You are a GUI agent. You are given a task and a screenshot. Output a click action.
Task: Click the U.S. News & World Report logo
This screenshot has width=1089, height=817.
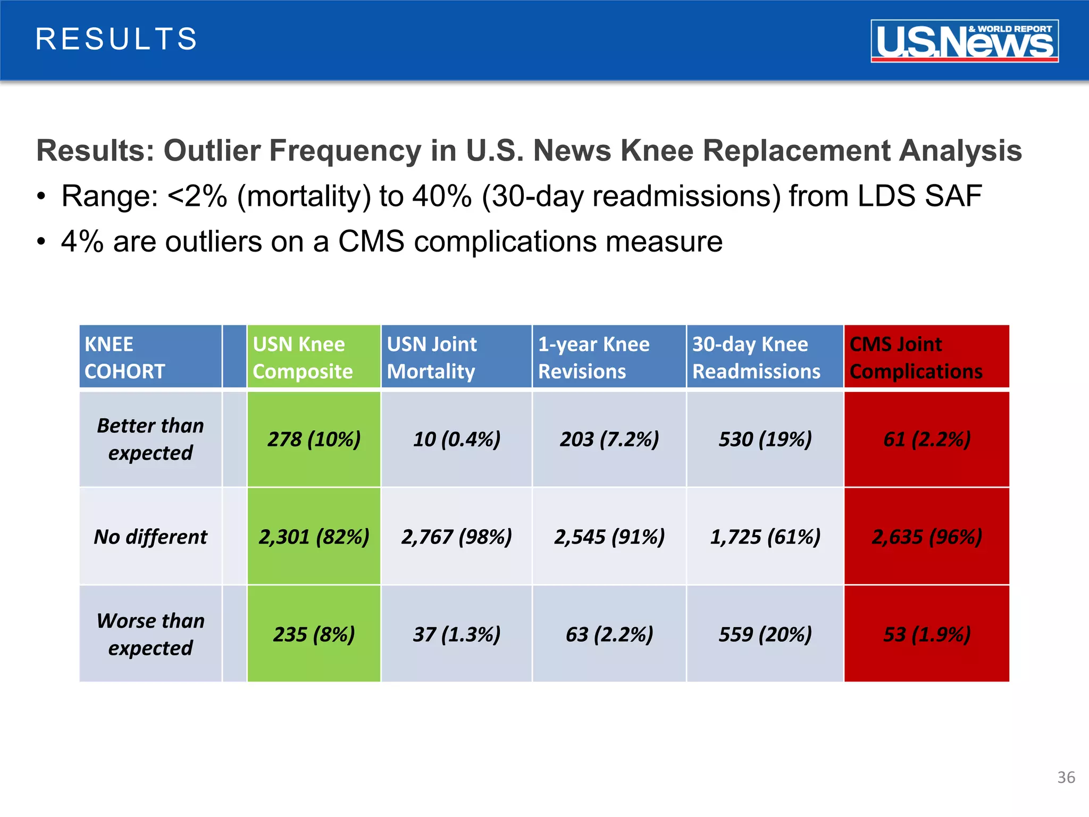(964, 41)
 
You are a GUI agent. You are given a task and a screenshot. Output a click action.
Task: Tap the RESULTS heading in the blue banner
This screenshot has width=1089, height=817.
(116, 39)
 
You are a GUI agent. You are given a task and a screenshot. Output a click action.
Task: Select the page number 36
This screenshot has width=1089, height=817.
(1066, 777)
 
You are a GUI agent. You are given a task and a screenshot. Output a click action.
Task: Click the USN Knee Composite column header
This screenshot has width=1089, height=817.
(313, 357)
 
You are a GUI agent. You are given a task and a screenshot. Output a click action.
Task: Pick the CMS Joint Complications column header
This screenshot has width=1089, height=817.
(926, 357)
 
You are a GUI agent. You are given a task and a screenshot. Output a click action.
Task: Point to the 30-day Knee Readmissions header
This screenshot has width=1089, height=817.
(764, 357)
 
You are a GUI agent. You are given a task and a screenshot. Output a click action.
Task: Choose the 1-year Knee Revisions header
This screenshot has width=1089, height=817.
(608, 357)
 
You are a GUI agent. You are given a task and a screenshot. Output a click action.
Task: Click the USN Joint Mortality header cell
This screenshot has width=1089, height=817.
(456, 357)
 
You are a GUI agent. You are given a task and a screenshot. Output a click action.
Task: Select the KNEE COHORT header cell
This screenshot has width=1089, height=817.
(150, 357)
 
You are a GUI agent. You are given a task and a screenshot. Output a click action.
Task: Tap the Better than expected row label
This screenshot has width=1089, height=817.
(150, 439)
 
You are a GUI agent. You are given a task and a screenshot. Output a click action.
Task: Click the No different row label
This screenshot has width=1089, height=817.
(150, 536)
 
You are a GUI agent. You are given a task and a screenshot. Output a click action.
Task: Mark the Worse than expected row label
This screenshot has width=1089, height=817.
(150, 633)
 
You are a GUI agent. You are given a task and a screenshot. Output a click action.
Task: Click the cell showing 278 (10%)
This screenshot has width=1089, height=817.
(313, 439)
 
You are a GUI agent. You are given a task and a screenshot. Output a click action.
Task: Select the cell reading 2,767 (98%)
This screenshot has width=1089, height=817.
(456, 536)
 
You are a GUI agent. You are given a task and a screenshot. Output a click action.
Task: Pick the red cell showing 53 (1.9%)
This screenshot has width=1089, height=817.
(926, 633)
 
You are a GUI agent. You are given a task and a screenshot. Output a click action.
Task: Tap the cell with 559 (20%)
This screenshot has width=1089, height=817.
(764, 633)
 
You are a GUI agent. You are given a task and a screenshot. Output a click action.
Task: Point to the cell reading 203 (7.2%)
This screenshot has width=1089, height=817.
(608, 439)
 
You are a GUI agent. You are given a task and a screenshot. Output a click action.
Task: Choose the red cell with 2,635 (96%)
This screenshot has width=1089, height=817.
(926, 536)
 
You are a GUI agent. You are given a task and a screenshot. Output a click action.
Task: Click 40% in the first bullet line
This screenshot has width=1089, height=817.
(442, 196)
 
